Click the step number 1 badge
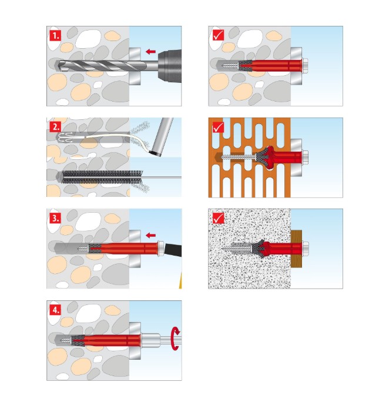point(55,35)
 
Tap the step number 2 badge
point(55,126)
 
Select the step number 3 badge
point(55,218)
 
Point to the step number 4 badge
point(55,310)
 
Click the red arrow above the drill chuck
point(150,52)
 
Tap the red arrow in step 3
point(150,235)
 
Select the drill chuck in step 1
point(169,66)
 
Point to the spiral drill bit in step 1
point(102,66)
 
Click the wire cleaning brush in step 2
point(102,177)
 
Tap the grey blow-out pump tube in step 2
point(162,137)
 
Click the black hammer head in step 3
point(173,250)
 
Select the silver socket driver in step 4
point(151,340)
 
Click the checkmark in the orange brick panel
point(219,127)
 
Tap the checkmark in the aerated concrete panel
point(219,218)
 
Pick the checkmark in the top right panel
point(219,35)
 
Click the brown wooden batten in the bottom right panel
point(297,249)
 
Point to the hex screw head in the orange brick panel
point(305,158)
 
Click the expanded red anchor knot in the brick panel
point(268,158)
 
